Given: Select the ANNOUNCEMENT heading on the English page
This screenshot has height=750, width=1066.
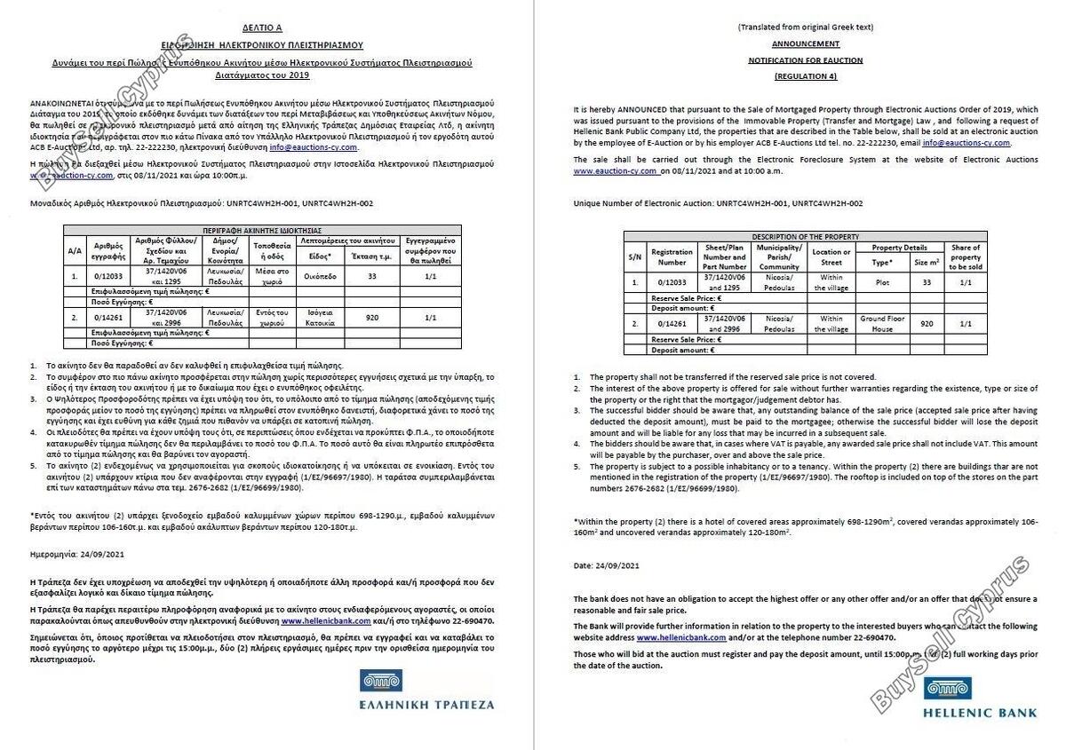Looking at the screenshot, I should coord(805,43).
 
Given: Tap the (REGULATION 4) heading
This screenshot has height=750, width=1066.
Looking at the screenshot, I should coord(805,77).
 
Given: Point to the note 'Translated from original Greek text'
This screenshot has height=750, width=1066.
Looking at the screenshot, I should coord(805,28).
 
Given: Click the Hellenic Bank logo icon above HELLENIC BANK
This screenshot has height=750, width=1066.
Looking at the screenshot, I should coord(947,688).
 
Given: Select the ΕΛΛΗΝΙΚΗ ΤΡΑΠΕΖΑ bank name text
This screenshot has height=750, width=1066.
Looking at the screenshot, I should coord(426,705).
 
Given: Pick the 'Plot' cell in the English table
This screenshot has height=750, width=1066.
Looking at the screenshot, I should coord(881,282).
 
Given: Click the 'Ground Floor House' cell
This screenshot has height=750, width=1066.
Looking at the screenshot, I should coord(881,323).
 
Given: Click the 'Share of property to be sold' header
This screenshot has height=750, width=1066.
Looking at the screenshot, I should coord(966,257).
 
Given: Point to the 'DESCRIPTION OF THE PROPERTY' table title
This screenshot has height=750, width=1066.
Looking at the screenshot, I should coord(805,237).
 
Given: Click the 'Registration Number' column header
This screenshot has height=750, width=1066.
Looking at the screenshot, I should coord(672,257).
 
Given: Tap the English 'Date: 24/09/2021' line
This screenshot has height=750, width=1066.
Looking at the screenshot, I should coord(606,565).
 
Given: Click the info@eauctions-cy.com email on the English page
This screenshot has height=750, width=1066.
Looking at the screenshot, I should coord(966,142).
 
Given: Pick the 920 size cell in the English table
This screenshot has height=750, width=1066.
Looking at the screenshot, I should coord(927,323).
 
